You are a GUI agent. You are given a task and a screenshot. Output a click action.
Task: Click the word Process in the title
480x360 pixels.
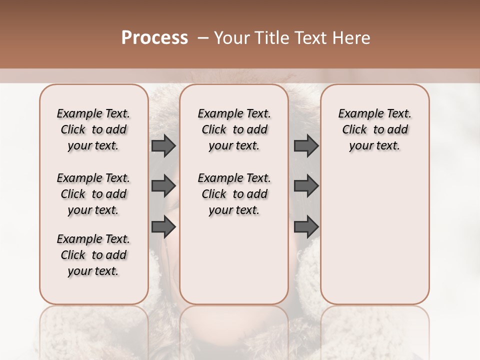pyautogui.click(x=154, y=38)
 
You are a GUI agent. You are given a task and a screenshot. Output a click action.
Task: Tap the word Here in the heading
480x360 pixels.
pyautogui.click(x=351, y=38)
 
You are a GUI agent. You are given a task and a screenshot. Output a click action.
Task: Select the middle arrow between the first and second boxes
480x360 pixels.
pyautogui.click(x=163, y=186)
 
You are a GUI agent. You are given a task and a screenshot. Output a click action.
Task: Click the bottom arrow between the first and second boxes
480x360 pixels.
pyautogui.click(x=163, y=227)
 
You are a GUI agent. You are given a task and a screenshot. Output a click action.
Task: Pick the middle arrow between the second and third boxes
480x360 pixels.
pyautogui.click(x=306, y=186)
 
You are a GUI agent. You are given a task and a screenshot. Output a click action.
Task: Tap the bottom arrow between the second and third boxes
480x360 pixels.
pyautogui.click(x=306, y=227)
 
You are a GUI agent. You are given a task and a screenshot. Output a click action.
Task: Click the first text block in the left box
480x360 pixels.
pyautogui.click(x=93, y=129)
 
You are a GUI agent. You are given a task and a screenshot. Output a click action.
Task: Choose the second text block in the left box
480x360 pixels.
pyautogui.click(x=93, y=194)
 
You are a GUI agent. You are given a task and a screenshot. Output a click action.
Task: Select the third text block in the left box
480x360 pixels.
pyautogui.click(x=93, y=255)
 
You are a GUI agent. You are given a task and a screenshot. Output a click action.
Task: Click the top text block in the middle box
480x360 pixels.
pyautogui.click(x=234, y=129)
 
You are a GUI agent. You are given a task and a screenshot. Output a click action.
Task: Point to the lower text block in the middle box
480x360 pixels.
pyautogui.click(x=234, y=194)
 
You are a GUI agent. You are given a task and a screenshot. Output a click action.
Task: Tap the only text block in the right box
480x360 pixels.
pyautogui.click(x=374, y=129)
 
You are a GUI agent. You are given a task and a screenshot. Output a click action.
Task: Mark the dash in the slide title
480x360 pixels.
pyautogui.click(x=203, y=38)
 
